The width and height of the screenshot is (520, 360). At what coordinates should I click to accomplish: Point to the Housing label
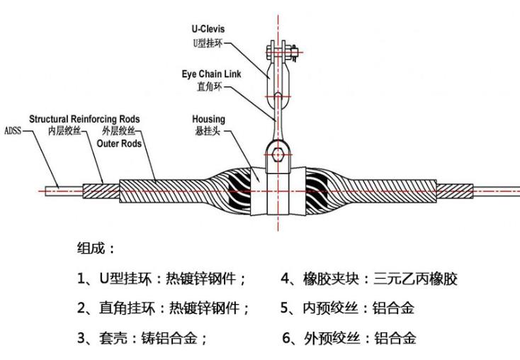(208, 119)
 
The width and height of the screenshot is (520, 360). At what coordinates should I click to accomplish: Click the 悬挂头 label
(208, 132)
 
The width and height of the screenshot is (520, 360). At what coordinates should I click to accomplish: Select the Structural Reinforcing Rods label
(84, 118)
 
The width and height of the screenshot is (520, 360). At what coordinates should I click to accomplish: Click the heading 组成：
(96, 249)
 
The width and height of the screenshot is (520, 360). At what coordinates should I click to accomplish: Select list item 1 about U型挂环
(162, 279)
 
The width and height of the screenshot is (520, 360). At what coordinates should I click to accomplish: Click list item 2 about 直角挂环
(164, 308)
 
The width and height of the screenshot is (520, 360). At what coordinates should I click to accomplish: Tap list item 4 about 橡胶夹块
(369, 279)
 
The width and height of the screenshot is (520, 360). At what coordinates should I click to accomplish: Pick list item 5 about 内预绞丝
(348, 308)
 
